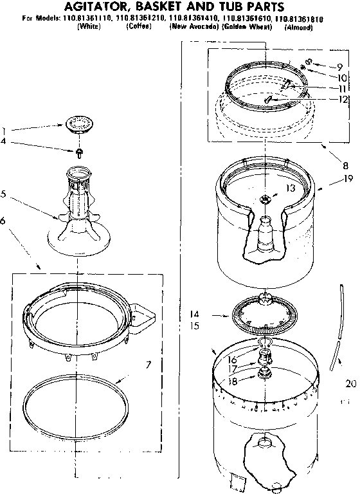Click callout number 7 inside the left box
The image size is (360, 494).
coord(148,365)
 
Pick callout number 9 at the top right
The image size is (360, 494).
coord(340,67)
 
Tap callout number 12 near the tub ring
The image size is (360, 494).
coord(343,99)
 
